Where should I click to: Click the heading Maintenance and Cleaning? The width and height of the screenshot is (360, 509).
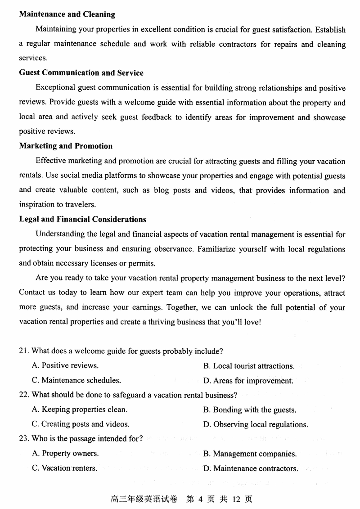tap(67, 14)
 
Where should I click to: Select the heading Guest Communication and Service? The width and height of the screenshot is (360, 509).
tap(81, 73)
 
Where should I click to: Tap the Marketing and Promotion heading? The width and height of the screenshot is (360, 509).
tap(66, 146)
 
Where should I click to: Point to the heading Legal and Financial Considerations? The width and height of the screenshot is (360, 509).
tap(82, 220)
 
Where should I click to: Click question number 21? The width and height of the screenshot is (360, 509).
tap(24, 351)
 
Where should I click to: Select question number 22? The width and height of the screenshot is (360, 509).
tap(24, 395)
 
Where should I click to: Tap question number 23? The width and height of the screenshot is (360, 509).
tap(24, 439)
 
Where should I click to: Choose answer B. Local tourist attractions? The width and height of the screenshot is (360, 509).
tap(249, 366)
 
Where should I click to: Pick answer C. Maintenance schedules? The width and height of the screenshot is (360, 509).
tap(76, 380)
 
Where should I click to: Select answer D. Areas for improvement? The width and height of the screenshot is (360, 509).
tap(248, 381)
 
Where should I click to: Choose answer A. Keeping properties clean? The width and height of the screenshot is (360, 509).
tap(80, 410)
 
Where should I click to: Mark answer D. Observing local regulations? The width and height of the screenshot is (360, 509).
tap(256, 424)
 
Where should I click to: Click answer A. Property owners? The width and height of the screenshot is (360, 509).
tap(65, 454)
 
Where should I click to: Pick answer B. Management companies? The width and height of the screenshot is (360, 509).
tap(250, 454)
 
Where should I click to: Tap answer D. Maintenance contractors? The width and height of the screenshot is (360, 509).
tap(251, 468)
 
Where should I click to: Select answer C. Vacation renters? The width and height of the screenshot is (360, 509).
tap(64, 468)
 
